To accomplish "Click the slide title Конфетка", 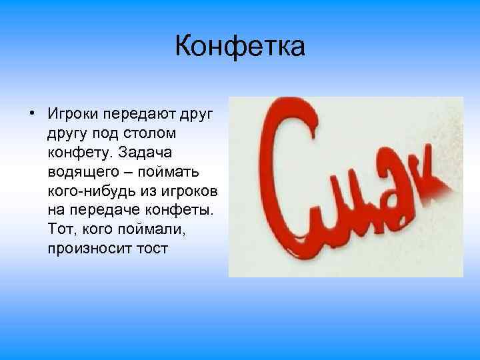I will click(x=240, y=47).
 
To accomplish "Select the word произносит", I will click(x=90, y=249).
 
